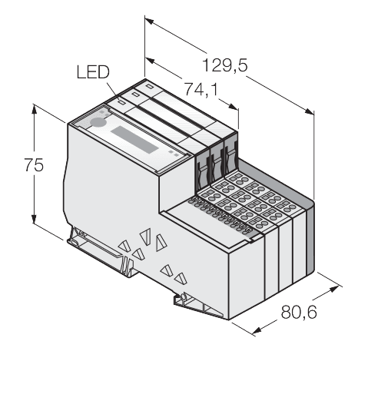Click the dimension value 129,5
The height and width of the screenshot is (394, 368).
point(225,65)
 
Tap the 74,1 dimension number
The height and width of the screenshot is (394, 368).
point(201,89)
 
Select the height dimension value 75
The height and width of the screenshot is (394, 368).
point(34,165)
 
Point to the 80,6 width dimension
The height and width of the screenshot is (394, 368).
point(299,312)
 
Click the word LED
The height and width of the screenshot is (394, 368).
point(93,72)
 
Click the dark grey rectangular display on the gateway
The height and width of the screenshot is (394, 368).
point(134,140)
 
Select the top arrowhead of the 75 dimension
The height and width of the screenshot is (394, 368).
point(34,110)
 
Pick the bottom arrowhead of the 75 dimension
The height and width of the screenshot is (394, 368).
point(34,219)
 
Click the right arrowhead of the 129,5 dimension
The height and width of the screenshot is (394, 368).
point(309,111)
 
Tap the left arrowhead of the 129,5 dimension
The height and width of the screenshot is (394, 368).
point(149,22)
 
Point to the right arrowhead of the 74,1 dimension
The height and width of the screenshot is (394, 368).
point(234,107)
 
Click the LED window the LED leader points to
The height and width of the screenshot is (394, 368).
point(121,102)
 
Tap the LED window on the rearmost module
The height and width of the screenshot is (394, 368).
point(149,86)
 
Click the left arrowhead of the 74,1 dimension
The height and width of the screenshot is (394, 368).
point(150,61)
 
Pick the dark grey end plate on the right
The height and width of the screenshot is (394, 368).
point(310,237)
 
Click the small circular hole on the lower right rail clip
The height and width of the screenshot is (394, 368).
point(184,296)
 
